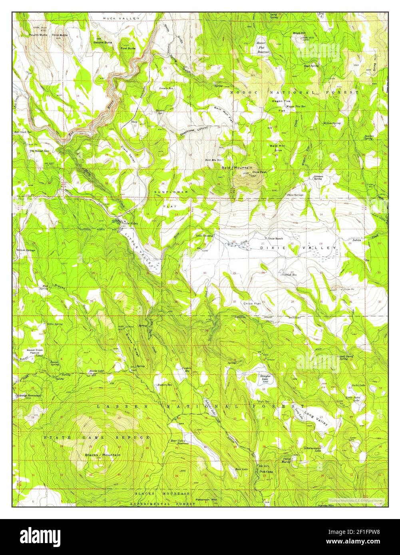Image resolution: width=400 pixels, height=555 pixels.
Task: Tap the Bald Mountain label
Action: point(237,168)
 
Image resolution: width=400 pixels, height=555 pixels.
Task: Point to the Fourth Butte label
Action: point(38,35)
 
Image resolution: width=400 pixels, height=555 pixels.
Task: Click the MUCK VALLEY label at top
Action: point(121,19)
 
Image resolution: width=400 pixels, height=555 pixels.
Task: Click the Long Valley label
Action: point(316,417)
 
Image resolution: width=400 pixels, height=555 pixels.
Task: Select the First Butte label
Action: point(128,48)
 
